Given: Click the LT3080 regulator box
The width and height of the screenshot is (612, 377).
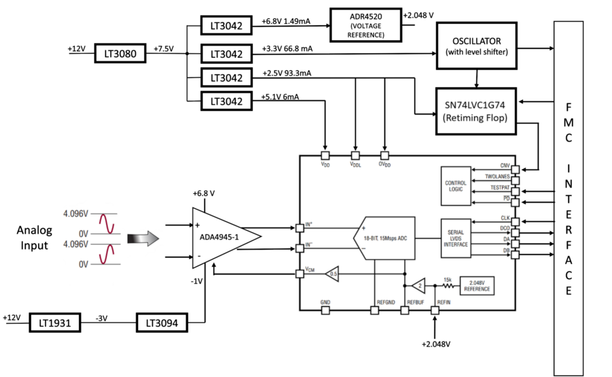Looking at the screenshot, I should click(120, 53).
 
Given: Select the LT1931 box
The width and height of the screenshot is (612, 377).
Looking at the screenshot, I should click(55, 323).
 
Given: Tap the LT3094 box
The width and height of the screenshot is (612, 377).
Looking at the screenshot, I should click(163, 323).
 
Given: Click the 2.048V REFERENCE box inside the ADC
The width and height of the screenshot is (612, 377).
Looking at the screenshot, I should click(477, 285).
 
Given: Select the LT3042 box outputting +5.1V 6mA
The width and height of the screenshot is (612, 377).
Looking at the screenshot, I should click(222, 101).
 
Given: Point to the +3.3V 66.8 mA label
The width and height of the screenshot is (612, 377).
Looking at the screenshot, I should click(287, 48).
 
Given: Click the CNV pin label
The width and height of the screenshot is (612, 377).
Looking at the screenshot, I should click(505, 165).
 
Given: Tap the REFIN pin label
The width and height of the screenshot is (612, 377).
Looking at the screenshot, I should click(443, 301).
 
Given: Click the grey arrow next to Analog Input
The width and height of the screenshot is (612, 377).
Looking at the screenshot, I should click(143, 238).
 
